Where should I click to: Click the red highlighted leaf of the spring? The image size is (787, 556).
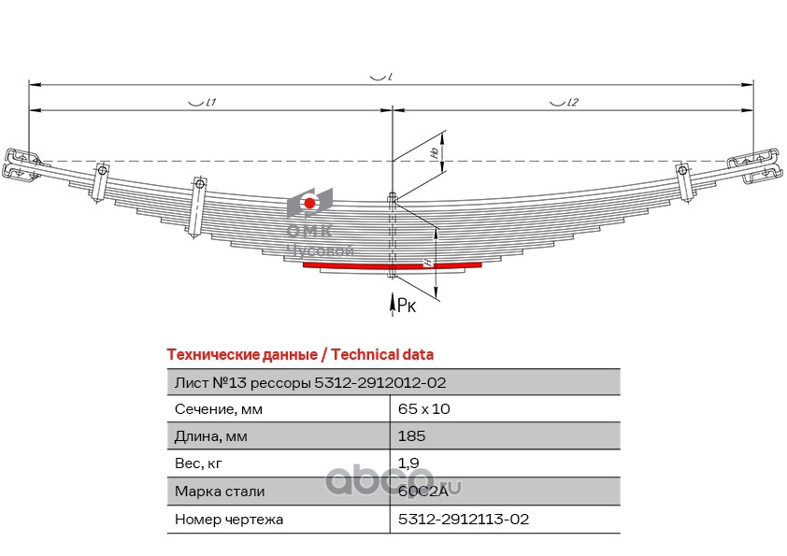pos(392,265)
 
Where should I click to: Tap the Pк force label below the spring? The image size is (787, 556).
pos(407,305)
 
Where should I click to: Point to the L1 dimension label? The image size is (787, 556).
pos(210,103)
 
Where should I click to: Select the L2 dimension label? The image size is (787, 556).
pos(572,103)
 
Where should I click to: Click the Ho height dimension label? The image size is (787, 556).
pos(436,151)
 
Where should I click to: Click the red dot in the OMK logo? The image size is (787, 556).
pos(309,203)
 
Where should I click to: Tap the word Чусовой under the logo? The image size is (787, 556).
pos(321,249)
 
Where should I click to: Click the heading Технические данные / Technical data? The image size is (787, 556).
pos(300,355)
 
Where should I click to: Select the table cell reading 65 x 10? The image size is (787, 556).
pos(423,409)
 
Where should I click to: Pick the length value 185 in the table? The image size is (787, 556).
pos(411,436)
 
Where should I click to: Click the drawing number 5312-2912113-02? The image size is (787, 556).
pos(464,519)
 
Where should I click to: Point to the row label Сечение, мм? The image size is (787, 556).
pos(219,409)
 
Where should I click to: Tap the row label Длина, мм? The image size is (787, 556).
pos(211,436)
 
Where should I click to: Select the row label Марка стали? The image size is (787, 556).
pos(220,492)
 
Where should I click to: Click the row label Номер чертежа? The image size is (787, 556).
pos(229,520)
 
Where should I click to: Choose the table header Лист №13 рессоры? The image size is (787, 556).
pos(243,383)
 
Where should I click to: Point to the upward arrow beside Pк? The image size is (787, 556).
pos(393,305)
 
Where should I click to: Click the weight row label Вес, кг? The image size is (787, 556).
pos(198,463)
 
